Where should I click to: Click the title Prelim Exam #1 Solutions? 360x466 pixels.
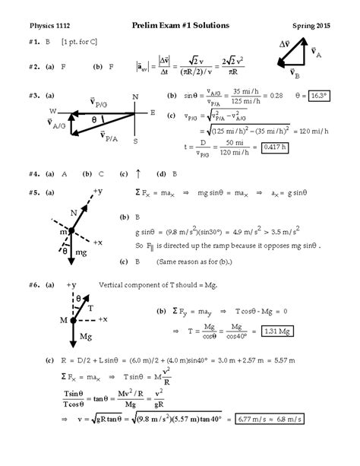pyautogui.click(x=180, y=25)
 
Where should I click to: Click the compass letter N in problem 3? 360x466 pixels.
pyautogui.click(x=134, y=97)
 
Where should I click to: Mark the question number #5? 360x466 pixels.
pyautogui.click(x=35, y=192)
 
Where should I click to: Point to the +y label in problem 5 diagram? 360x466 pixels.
pyautogui.click(x=98, y=191)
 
